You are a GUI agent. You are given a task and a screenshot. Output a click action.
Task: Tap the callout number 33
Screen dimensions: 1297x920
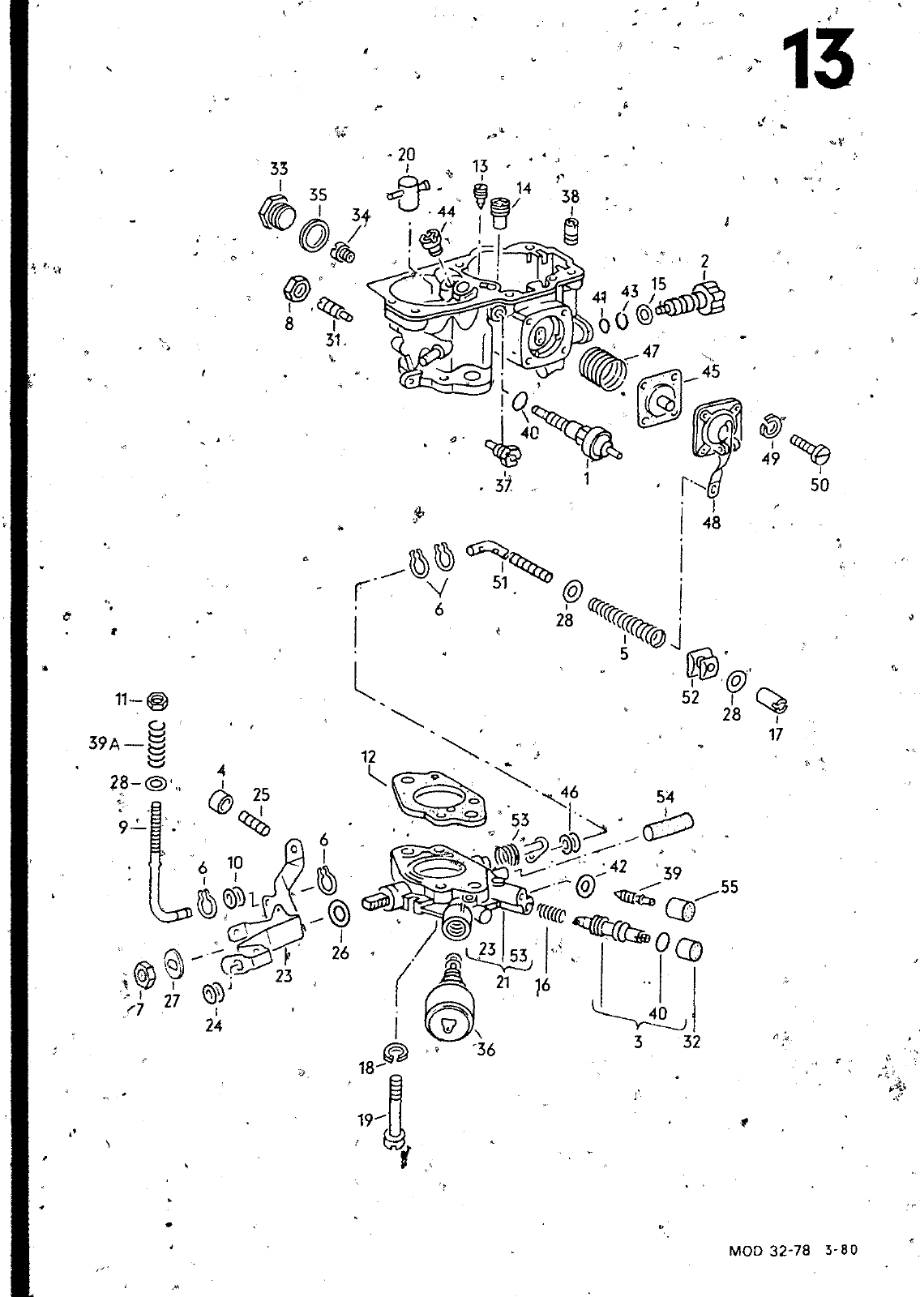click(279, 169)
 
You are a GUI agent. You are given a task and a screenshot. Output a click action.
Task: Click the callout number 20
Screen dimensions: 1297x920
click(406, 155)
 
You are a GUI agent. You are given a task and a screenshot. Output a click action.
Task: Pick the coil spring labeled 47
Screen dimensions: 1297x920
click(604, 368)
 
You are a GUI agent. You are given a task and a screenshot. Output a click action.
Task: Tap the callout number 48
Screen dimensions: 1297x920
click(711, 523)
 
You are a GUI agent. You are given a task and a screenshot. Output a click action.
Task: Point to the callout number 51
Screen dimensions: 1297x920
click(500, 582)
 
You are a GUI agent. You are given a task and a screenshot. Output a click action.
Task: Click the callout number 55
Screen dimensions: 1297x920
click(729, 887)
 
